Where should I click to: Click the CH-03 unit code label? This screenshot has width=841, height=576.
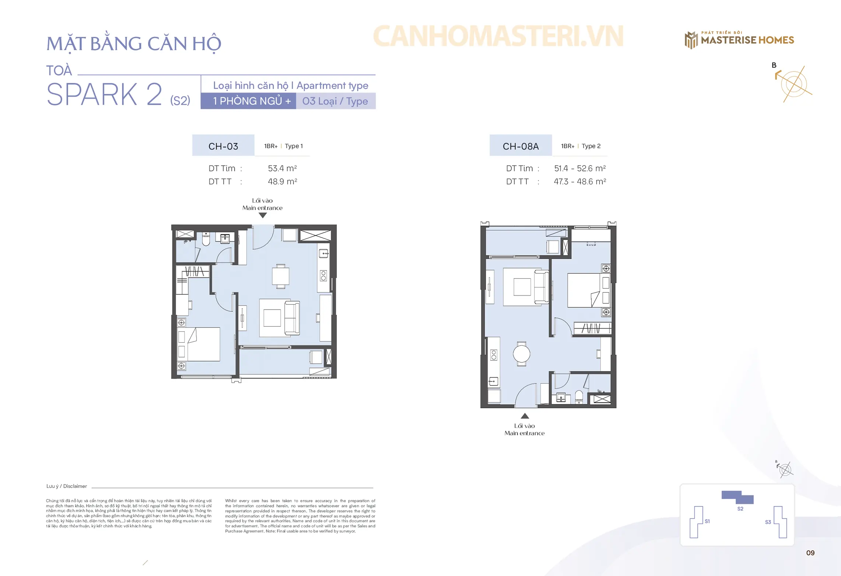(x=223, y=146)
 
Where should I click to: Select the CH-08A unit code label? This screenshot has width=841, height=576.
(x=521, y=146)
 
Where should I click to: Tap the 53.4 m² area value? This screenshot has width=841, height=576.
(x=282, y=168)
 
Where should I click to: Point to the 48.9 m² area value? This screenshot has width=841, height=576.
(x=282, y=181)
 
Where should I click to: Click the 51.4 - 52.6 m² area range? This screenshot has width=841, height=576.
(x=580, y=168)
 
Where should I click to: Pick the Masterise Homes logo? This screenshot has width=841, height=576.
(x=739, y=39)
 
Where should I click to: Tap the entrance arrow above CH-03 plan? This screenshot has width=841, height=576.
(x=263, y=215)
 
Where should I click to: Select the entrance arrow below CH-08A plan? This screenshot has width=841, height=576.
(x=525, y=416)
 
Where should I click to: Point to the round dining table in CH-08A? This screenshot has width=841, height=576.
(x=521, y=354)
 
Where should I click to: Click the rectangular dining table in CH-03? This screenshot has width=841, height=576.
(x=280, y=276)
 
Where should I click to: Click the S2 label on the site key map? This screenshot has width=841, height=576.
(x=740, y=509)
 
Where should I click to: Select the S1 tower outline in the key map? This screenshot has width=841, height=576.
(x=695, y=522)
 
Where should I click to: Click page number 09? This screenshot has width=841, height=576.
(x=810, y=553)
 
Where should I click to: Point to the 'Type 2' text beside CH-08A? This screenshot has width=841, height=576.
(x=591, y=146)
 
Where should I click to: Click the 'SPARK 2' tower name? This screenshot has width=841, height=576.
(x=104, y=94)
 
